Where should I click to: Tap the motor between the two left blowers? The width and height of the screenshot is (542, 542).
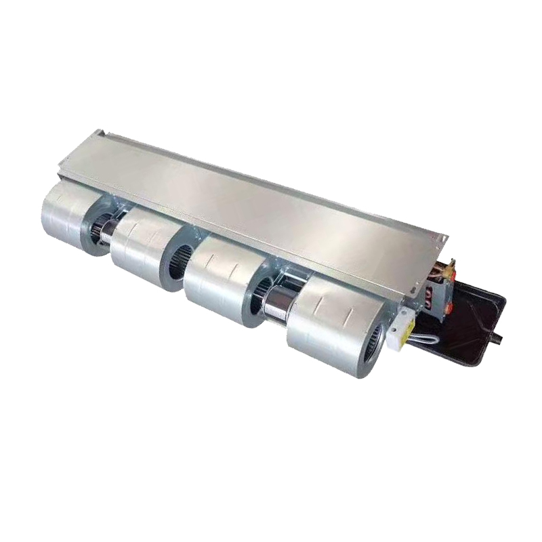(115, 224)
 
